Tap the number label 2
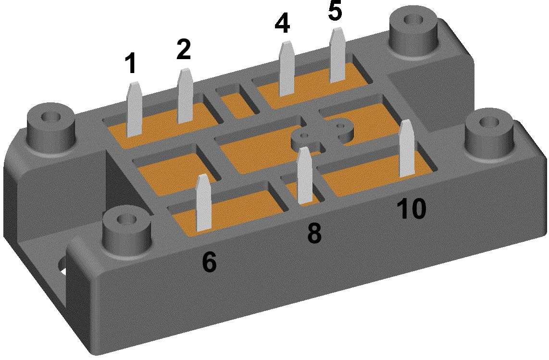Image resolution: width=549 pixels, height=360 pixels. [184, 50]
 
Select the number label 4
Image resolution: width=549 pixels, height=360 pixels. [282, 24]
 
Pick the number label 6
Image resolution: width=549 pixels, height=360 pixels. [209, 261]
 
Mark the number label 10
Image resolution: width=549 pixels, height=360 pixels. [411, 209]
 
